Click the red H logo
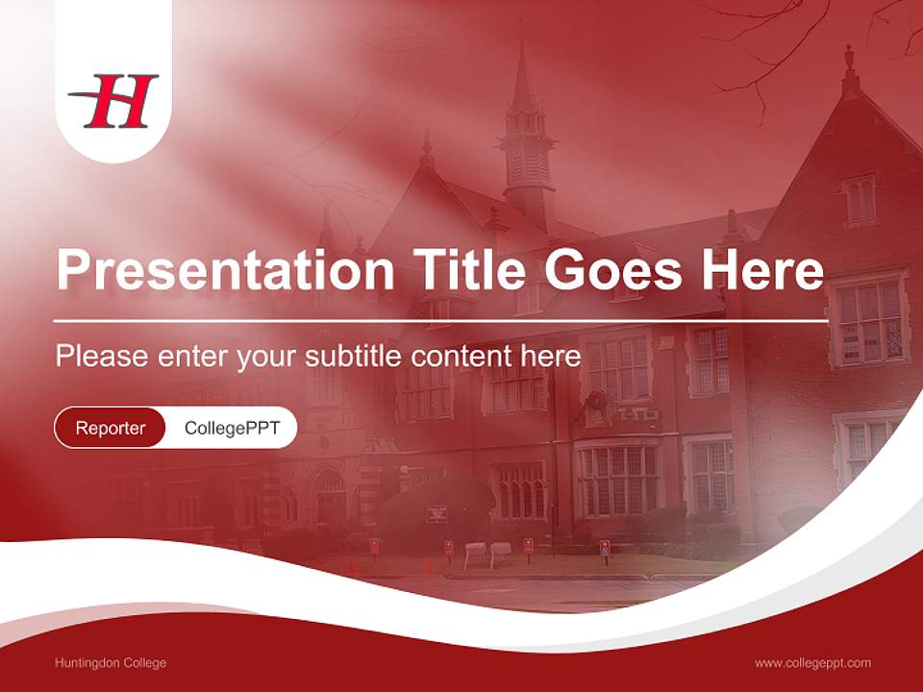tap(113, 101)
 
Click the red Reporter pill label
tap(110, 428)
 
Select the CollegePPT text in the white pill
tap(232, 428)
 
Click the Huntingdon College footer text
tap(111, 663)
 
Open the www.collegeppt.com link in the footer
tap(812, 663)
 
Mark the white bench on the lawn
tap(487, 551)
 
